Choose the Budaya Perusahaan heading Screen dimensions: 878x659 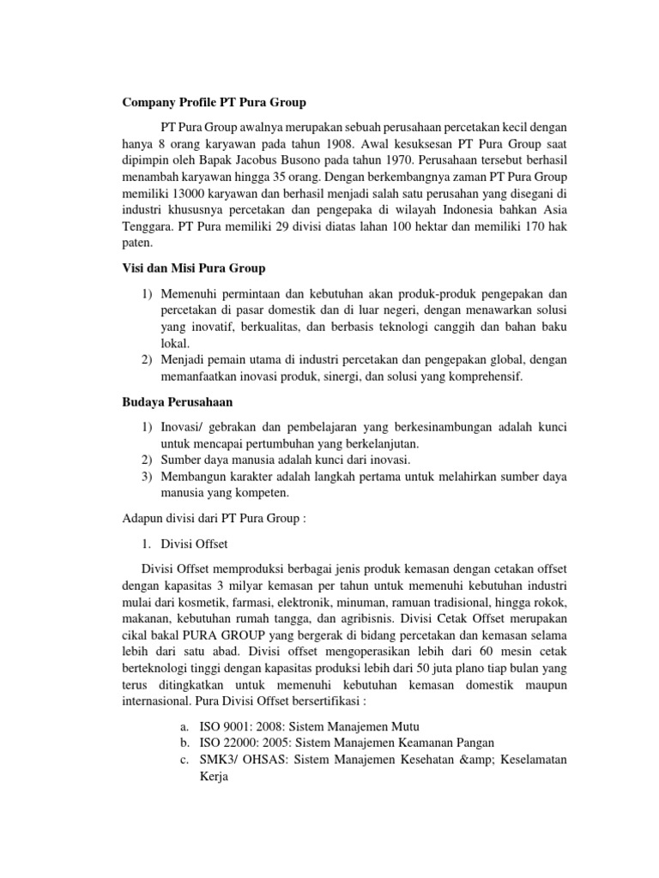(177, 400)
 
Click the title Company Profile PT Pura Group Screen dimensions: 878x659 (211, 103)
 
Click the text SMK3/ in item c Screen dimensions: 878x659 (219, 760)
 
